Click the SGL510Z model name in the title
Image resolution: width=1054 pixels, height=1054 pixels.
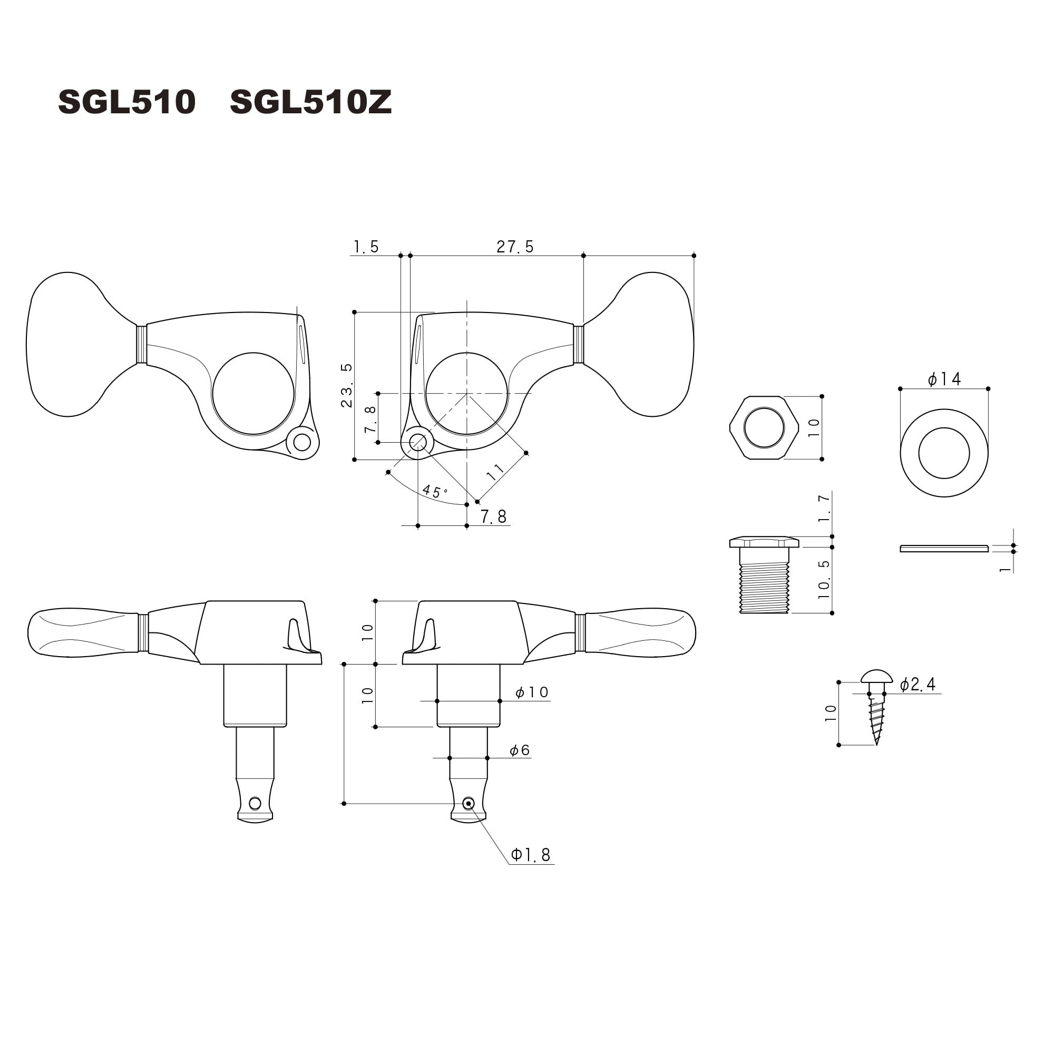(311, 102)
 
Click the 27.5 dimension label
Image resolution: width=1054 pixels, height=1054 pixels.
(515, 247)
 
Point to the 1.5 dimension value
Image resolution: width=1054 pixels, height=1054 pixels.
(366, 247)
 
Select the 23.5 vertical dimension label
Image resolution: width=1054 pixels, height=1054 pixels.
(347, 385)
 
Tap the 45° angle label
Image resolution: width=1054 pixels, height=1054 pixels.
(435, 491)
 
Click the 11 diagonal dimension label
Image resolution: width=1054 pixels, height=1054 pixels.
(495, 472)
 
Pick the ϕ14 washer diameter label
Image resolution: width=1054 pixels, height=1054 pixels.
(944, 378)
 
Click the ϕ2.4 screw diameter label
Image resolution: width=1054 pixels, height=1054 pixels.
(918, 684)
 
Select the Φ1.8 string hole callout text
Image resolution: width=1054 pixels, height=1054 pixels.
(531, 854)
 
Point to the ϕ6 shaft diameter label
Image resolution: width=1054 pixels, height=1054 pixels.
(520, 750)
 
